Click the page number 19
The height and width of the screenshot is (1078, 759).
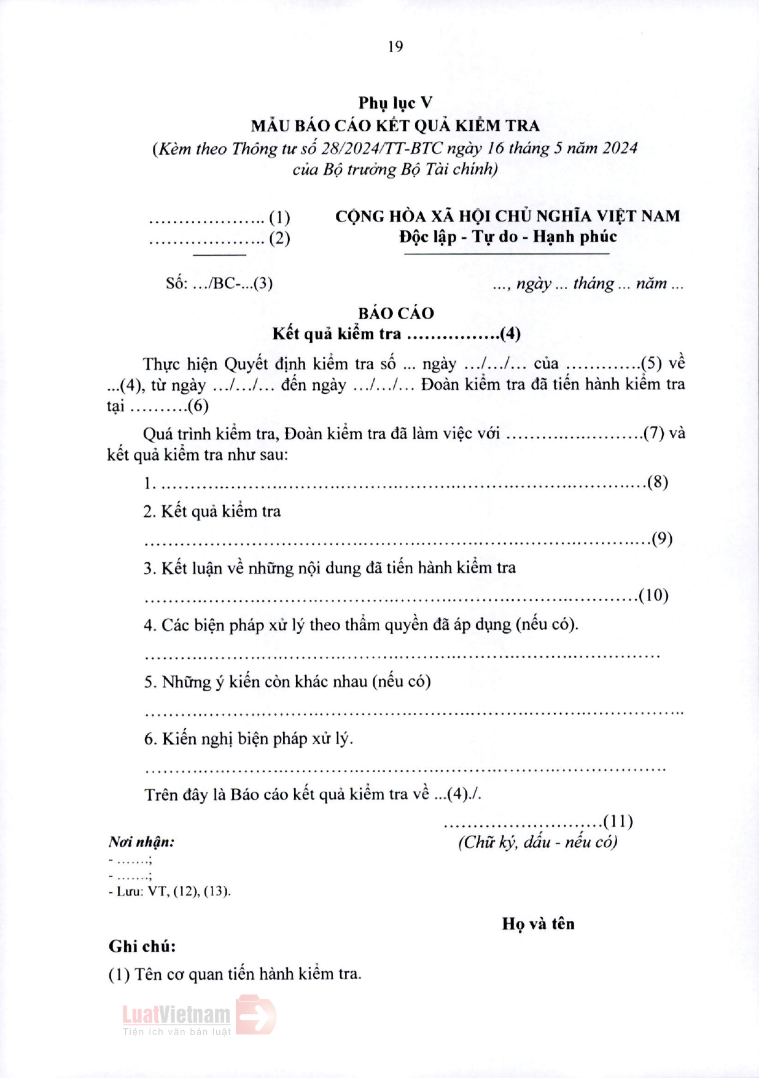pyautogui.click(x=395, y=47)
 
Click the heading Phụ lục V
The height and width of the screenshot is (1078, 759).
pyautogui.click(x=395, y=103)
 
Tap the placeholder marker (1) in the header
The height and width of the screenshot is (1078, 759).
pyautogui.click(x=279, y=217)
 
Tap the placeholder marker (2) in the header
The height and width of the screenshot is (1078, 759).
pyautogui.click(x=279, y=238)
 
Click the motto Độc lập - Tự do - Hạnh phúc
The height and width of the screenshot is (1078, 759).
pyautogui.click(x=508, y=236)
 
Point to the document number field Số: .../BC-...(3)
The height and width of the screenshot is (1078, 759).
pyautogui.click(x=219, y=283)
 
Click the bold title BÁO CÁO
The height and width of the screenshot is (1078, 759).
pyautogui.click(x=396, y=313)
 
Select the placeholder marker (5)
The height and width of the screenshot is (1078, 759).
pyautogui.click(x=651, y=363)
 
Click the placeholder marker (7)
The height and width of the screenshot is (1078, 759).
pyautogui.click(x=654, y=433)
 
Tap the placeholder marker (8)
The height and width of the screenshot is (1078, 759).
pyautogui.click(x=658, y=482)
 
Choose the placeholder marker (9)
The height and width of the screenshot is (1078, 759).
pyautogui.click(x=662, y=538)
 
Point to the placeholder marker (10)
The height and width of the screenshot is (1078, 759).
pyautogui.click(x=653, y=595)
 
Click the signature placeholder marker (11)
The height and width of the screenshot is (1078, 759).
pyautogui.click(x=618, y=821)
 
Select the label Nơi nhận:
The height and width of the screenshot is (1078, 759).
pyautogui.click(x=141, y=842)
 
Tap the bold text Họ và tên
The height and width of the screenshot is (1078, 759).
pyautogui.click(x=538, y=924)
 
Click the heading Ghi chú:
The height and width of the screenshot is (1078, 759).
pyautogui.click(x=142, y=947)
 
